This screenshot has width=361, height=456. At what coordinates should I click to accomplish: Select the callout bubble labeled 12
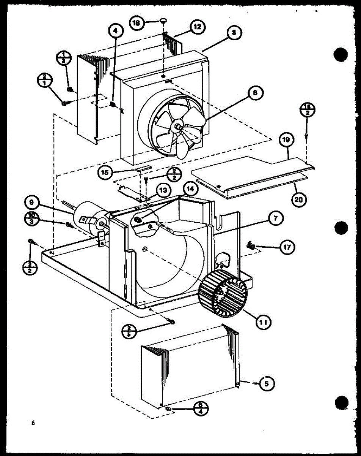(x=197, y=27)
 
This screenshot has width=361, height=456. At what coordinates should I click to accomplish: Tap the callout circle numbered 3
(x=234, y=33)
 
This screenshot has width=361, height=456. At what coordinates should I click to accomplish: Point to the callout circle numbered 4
(x=116, y=30)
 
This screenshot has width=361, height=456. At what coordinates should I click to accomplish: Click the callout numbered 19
(x=286, y=140)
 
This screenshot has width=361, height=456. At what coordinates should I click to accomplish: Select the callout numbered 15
(x=104, y=173)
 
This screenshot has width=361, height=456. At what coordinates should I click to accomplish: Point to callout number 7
(x=275, y=218)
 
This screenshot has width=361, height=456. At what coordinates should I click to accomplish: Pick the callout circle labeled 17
(x=287, y=247)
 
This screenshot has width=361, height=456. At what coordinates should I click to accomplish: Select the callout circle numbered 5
(x=267, y=384)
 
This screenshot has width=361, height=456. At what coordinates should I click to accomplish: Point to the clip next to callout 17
(x=251, y=245)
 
